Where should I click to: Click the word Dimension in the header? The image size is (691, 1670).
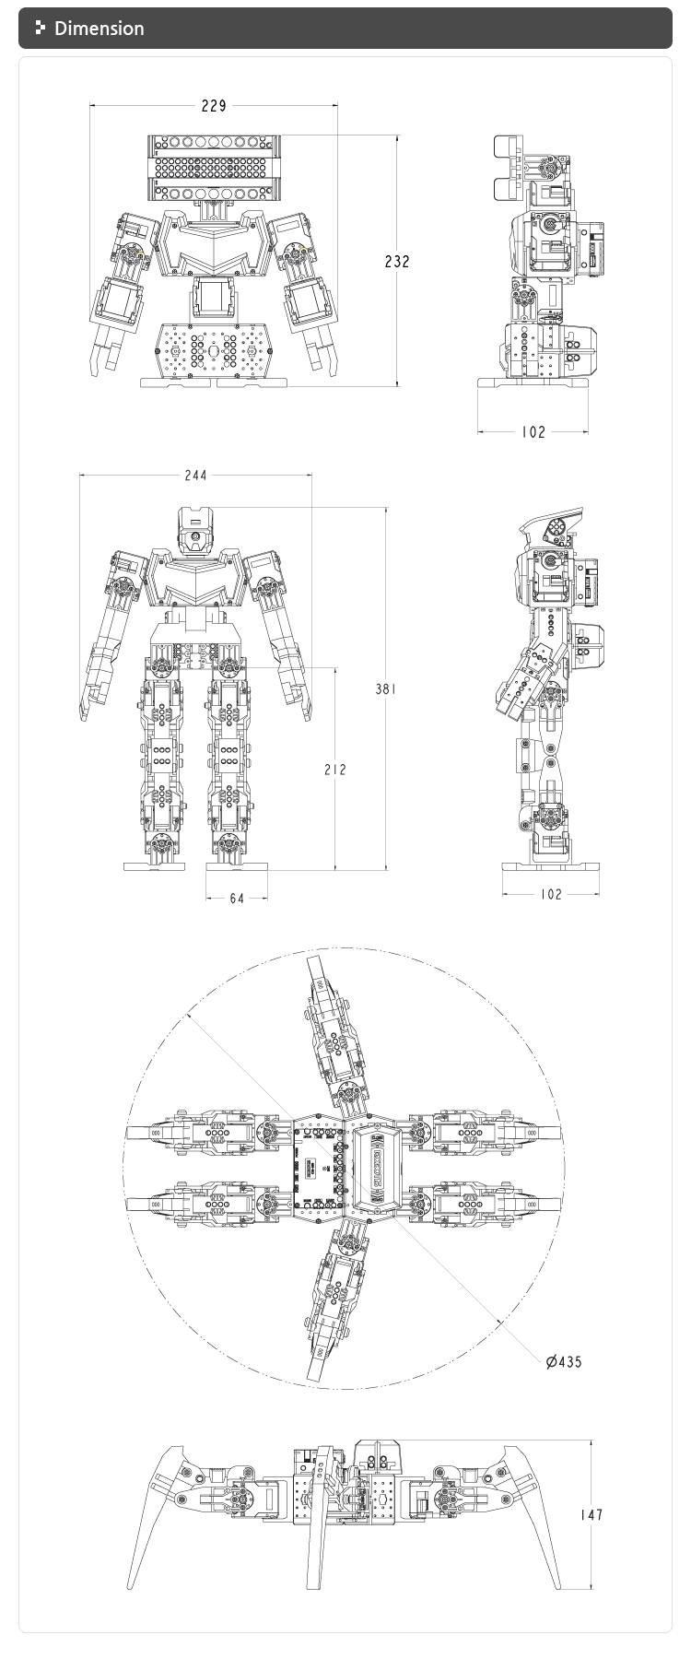click(99, 29)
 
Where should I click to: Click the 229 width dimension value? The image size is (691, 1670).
click(214, 106)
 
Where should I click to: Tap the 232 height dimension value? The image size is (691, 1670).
click(397, 262)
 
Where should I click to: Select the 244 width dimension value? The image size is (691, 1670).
click(195, 476)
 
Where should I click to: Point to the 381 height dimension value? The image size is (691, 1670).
click(385, 688)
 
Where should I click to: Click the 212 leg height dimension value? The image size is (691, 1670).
click(335, 769)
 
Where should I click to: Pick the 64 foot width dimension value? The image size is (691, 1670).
click(237, 898)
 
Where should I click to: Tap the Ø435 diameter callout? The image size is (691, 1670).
click(564, 1361)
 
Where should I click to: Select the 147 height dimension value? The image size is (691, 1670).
click(592, 1514)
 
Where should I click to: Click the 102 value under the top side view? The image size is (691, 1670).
click(533, 431)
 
